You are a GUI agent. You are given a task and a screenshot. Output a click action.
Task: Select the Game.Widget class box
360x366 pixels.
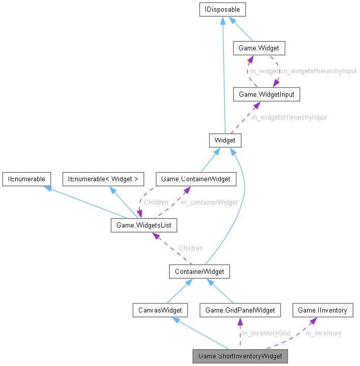click(x=259, y=48)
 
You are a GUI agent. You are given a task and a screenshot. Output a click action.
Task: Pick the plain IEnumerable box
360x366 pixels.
click(x=26, y=179)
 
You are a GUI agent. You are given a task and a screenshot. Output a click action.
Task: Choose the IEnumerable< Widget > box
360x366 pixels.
click(x=103, y=179)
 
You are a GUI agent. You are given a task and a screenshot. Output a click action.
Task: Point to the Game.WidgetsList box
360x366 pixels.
click(x=144, y=224)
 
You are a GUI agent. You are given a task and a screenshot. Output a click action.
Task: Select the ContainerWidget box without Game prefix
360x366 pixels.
click(x=199, y=271)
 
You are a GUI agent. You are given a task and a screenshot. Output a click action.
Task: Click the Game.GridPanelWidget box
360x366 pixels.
click(x=240, y=309)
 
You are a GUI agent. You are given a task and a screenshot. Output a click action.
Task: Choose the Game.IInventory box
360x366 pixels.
click(x=322, y=309)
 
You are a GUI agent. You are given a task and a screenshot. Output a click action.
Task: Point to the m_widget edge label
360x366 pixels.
click(x=264, y=71)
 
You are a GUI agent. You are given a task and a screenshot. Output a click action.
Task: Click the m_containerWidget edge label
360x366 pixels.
click(x=209, y=202)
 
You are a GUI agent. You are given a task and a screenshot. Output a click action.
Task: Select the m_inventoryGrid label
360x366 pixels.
click(x=265, y=333)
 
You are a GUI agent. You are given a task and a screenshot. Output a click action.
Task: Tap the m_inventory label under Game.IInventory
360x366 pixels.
click(x=323, y=333)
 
